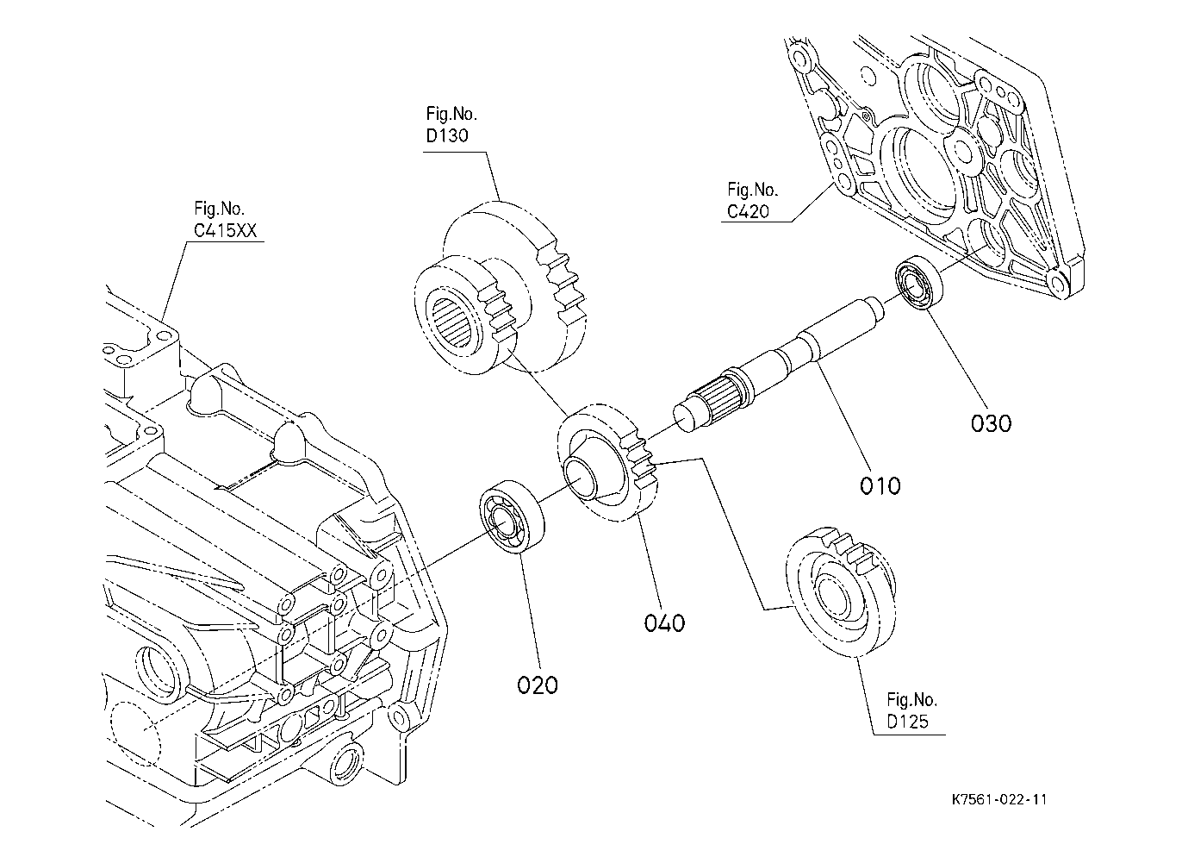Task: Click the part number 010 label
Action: coord(880,485)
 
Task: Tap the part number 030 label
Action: coord(991,423)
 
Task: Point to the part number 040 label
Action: coord(664,622)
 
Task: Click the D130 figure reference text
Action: coord(448,135)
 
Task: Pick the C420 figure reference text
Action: coord(748,210)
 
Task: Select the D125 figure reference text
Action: coord(908,722)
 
